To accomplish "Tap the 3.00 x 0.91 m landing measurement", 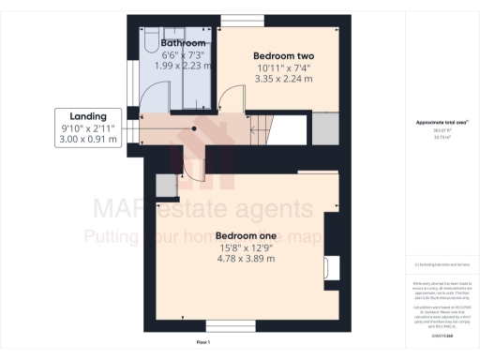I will pyautogui.click(x=89, y=140).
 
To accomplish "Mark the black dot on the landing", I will pyautogui.click(x=194, y=130).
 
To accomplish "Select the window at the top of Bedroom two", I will pyautogui.click(x=243, y=20).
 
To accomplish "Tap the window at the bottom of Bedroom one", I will pyautogui.click(x=230, y=327).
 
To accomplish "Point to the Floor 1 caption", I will pyautogui.click(x=203, y=343).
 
